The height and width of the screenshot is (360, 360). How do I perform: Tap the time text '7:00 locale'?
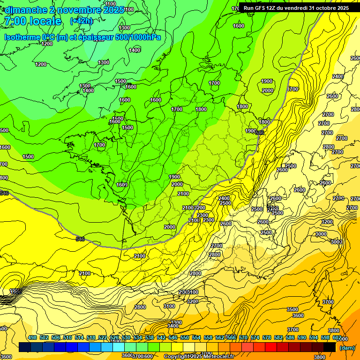pos(33,21)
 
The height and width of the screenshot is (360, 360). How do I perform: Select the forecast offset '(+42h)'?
pos(81,21)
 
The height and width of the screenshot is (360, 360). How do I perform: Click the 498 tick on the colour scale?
pos(32,337)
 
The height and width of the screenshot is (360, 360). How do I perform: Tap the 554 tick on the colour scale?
pos(196,337)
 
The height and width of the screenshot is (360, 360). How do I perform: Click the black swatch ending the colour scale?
pos(329,347)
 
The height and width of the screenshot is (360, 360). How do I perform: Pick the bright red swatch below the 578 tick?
pos(270,347)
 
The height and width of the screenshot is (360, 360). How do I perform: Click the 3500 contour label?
pos(292,309)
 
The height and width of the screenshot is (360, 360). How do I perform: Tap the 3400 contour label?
pos(173,325)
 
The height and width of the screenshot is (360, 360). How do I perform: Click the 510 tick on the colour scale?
pos(67,337)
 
